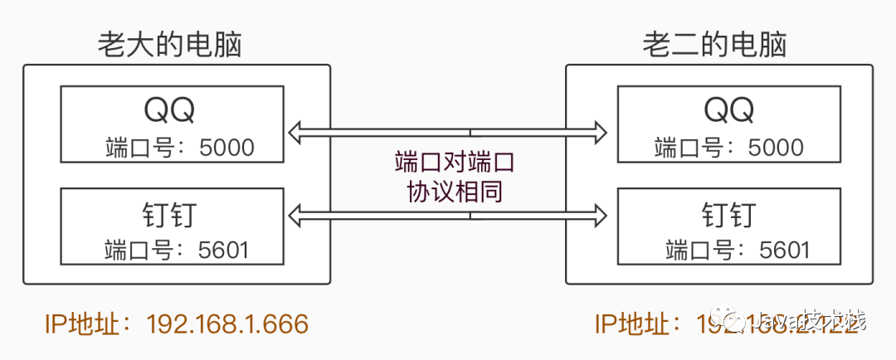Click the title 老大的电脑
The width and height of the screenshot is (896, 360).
169,44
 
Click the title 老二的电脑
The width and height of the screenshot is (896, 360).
714,44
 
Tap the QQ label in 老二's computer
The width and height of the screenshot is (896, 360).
729,109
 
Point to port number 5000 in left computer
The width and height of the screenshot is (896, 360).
227,148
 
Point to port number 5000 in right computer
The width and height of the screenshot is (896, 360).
776,148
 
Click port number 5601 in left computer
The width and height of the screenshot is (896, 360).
224,250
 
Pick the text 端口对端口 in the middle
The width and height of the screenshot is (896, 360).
448,160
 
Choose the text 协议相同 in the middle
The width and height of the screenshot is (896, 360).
448,192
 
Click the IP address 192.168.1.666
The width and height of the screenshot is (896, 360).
227,324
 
